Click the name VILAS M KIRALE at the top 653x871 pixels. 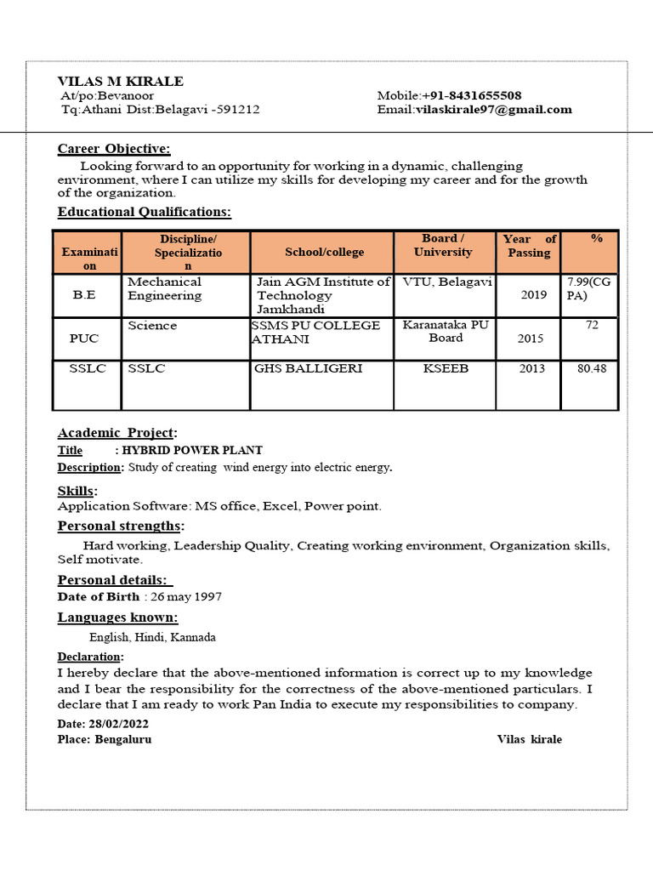click(x=120, y=82)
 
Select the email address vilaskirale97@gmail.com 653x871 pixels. click(x=493, y=110)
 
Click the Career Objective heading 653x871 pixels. click(x=114, y=149)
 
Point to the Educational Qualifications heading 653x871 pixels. click(x=144, y=212)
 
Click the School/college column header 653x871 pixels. click(x=324, y=252)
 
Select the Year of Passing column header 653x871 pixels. click(x=529, y=246)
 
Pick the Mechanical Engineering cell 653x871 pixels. click(x=165, y=288)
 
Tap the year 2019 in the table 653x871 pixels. click(x=534, y=295)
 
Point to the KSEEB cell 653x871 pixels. click(x=446, y=368)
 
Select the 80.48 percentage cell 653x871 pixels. click(x=591, y=369)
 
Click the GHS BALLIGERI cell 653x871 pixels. click(x=308, y=368)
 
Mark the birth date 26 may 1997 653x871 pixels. click(x=183, y=597)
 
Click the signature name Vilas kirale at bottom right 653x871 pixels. click(x=529, y=739)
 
